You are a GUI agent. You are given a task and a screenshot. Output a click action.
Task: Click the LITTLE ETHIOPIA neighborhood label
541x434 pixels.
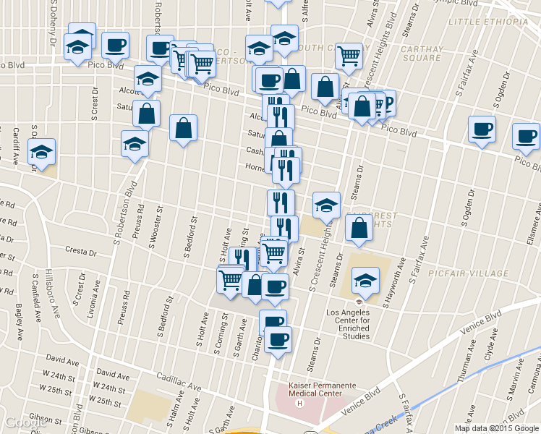(488, 22)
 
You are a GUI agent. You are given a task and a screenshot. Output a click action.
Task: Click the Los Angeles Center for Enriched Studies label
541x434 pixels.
(349, 323)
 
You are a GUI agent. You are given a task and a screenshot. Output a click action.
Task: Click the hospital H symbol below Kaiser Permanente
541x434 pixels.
(299, 403)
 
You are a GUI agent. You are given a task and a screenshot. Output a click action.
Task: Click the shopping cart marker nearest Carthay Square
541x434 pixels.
(349, 55)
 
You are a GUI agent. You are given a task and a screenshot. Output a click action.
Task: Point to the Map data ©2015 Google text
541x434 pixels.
(496, 428)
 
